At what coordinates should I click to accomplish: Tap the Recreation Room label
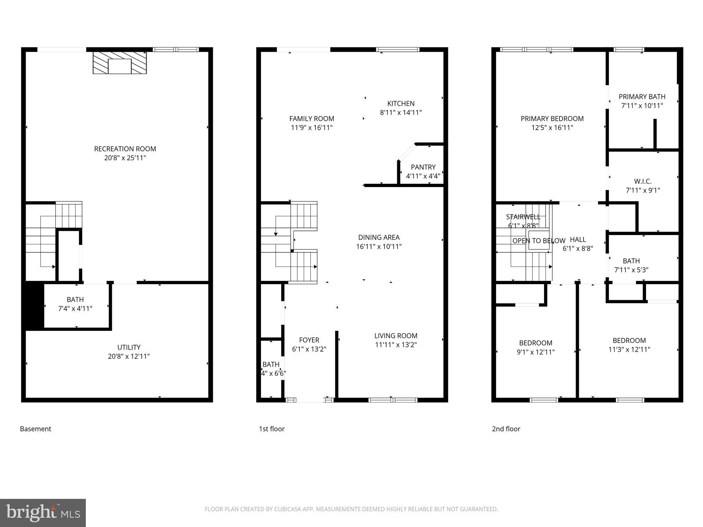[125, 149]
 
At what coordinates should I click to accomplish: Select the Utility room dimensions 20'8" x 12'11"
[129, 356]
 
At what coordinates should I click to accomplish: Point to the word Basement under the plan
[35, 429]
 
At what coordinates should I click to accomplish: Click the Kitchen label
[401, 104]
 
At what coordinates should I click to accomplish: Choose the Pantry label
[423, 167]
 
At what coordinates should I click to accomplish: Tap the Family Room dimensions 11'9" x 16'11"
[312, 128]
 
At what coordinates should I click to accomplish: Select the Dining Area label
[379, 237]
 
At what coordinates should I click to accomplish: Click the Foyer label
[309, 340]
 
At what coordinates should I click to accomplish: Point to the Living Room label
[396, 336]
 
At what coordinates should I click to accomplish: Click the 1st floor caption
[272, 429]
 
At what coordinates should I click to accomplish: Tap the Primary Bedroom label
[552, 119]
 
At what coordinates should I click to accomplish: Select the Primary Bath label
[642, 97]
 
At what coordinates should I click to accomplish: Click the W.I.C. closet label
[643, 181]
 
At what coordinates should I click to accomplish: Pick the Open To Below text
[538, 241]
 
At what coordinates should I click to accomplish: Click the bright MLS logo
[43, 513]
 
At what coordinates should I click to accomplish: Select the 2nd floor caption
[506, 429]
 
